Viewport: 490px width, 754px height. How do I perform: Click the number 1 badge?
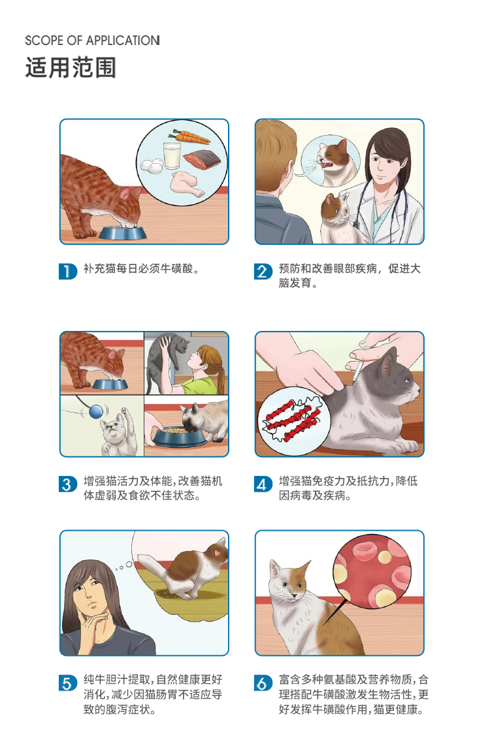click(x=68, y=271)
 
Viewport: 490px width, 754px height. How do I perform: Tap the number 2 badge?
click(x=263, y=271)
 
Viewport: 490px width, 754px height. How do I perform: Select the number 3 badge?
click(x=68, y=484)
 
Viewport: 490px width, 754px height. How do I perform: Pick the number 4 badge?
click(x=263, y=484)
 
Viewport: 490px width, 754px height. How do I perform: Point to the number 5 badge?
click(x=68, y=683)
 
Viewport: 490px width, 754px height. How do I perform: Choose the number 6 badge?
click(x=263, y=683)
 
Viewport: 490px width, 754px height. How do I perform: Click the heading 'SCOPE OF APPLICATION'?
click(x=92, y=40)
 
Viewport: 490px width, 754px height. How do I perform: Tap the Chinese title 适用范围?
click(x=71, y=67)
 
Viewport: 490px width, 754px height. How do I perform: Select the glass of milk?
click(x=172, y=155)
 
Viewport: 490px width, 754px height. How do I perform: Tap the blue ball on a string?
click(x=95, y=412)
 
